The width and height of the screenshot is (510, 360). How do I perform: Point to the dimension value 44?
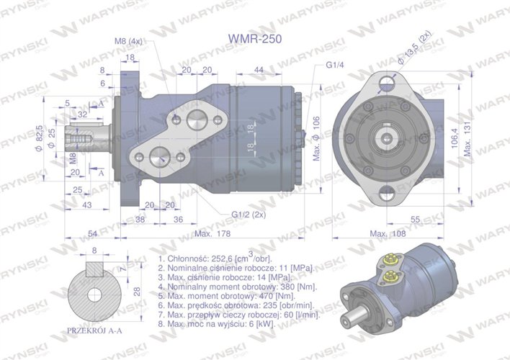[259, 69]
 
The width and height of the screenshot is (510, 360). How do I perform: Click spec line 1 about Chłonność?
[214, 258]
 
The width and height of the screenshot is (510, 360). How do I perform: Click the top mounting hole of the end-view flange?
[388, 81]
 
